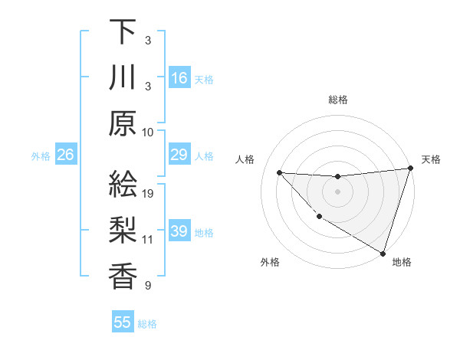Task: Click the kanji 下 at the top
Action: [x=123, y=32]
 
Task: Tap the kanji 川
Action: [x=123, y=78]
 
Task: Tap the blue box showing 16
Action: [x=179, y=78]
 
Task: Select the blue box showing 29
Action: [x=179, y=155]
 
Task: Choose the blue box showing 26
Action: [x=65, y=155]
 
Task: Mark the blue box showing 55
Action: [x=123, y=322]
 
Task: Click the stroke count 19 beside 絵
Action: [x=148, y=193]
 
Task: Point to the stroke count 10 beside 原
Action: [x=148, y=132]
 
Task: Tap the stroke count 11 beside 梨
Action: [x=148, y=240]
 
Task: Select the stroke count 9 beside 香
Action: [x=148, y=286]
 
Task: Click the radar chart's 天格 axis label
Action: [x=431, y=159]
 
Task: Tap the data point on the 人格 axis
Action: [x=279, y=172]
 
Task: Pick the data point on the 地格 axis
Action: [x=383, y=252]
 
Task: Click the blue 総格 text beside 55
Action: [x=147, y=324]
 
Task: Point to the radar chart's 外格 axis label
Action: [x=270, y=262]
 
